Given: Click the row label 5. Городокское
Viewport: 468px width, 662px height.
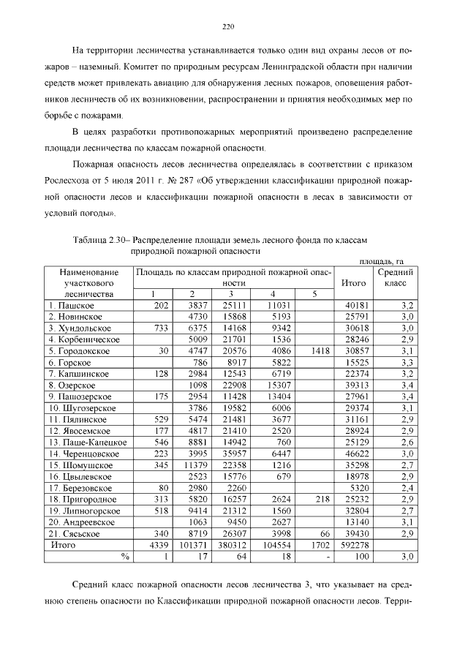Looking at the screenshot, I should click(x=79, y=351).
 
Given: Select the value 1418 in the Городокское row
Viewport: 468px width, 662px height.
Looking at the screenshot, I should click(x=320, y=351).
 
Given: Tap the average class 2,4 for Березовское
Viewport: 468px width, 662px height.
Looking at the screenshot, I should click(x=408, y=488).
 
